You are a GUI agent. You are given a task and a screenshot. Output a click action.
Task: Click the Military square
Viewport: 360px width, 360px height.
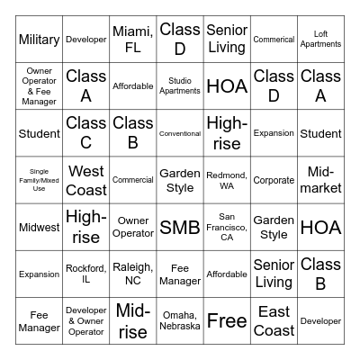(x=40, y=40)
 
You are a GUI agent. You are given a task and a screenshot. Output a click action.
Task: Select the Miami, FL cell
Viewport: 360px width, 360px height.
(x=133, y=40)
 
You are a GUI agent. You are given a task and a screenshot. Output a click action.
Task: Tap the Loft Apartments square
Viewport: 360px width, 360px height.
(x=320, y=40)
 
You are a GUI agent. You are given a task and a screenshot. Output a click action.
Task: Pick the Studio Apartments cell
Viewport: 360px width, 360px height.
(x=180, y=86)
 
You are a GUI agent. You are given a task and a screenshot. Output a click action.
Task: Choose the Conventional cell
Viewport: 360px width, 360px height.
(x=180, y=133)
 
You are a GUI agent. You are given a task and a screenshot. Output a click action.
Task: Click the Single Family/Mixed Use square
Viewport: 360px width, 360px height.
(x=40, y=180)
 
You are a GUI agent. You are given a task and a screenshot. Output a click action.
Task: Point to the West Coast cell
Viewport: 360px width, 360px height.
(x=86, y=180)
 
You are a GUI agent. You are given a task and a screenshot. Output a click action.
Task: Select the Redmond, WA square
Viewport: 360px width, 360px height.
(x=227, y=180)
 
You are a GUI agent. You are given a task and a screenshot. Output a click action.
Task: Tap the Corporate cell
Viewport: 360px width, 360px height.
(x=274, y=180)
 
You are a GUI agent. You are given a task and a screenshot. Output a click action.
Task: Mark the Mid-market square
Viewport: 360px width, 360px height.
(x=320, y=180)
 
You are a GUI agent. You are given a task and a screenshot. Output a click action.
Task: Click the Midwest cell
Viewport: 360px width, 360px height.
(x=40, y=227)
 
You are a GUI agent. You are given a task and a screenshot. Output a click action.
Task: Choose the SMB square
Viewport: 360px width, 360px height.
(x=180, y=227)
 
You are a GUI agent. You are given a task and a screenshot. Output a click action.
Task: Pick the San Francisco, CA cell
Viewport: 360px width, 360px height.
(x=227, y=227)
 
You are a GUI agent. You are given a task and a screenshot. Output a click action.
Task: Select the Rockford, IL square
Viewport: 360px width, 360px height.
(x=86, y=274)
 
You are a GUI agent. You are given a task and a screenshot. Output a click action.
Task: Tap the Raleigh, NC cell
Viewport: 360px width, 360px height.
(x=133, y=274)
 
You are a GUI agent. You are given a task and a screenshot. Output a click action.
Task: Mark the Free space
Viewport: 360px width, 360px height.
(x=227, y=320)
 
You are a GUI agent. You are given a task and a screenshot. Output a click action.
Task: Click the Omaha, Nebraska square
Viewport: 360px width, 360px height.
(x=180, y=320)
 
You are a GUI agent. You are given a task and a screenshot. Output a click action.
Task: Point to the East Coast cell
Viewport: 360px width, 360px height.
(x=274, y=320)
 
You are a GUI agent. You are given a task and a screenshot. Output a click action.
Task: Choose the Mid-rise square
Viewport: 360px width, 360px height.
(x=133, y=320)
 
